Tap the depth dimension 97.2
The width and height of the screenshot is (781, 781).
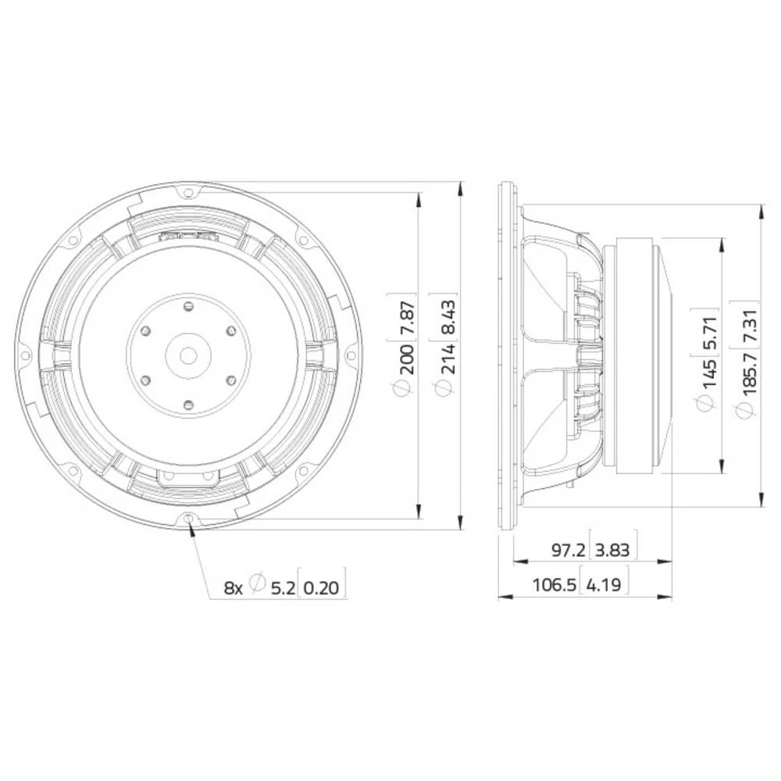(x=569, y=550)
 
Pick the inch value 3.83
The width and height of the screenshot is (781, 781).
(x=614, y=550)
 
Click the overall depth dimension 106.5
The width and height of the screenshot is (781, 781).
(x=554, y=584)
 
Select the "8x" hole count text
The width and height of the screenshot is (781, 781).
(x=234, y=587)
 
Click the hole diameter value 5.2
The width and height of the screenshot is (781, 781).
(x=283, y=587)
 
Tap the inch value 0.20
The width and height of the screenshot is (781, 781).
(x=323, y=587)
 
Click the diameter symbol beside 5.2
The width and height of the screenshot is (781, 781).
(x=259, y=587)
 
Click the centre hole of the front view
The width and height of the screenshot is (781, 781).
(x=188, y=355)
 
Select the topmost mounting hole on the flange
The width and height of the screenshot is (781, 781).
(x=188, y=190)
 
